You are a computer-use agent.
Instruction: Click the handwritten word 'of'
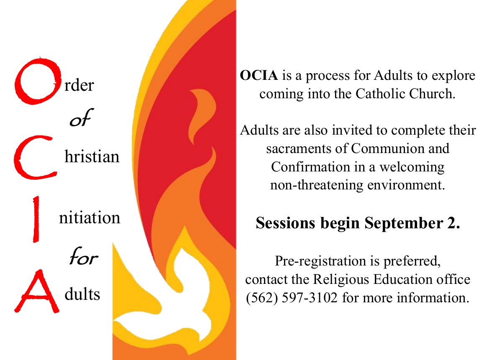coord(81,118)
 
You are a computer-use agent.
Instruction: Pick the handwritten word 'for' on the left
coord(83,256)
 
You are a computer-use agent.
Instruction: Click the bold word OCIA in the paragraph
coord(259,76)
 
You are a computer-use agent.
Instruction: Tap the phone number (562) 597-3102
coord(292,298)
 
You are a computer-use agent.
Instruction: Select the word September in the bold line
coord(403,223)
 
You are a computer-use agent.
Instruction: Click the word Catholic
coord(381,94)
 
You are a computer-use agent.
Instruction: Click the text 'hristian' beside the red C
coord(92,156)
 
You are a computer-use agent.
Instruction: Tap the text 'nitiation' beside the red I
coord(90,217)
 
